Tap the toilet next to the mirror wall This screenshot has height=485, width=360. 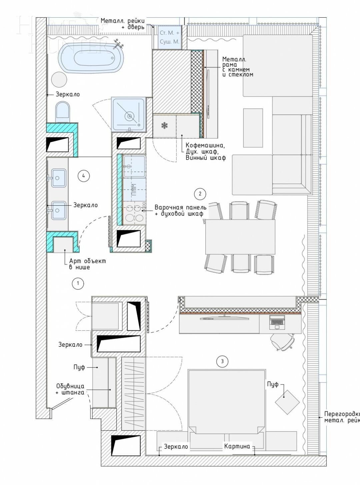(63, 111)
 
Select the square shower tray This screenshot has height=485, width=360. (129, 114)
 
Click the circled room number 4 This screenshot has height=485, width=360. (84, 176)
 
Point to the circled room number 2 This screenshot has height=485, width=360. (200, 194)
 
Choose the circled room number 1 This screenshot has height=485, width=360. (78, 283)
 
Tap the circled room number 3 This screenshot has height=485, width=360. (222, 361)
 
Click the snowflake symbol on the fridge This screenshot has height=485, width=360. (164, 126)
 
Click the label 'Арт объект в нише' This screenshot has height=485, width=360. (87, 264)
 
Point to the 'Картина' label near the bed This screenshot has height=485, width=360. (237, 446)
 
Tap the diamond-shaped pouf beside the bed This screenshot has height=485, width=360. (287, 402)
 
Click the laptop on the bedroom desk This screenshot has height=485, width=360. (277, 322)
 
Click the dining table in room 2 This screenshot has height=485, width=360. (240, 237)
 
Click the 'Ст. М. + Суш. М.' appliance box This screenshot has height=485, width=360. (170, 37)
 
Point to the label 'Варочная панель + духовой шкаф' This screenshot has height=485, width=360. (180, 211)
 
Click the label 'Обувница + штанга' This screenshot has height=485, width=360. (70, 389)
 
